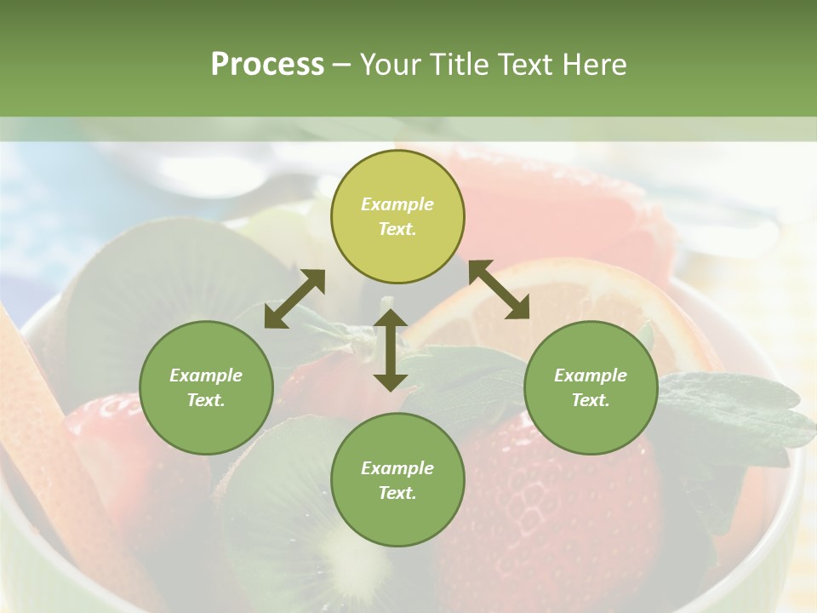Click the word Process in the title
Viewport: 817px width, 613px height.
point(267,65)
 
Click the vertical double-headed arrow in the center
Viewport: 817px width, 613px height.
point(391,350)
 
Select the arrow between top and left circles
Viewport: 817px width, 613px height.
point(294,299)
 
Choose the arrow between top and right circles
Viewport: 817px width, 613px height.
point(499,289)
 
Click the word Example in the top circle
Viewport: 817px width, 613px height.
point(397,204)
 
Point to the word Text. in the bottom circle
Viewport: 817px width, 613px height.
point(397,493)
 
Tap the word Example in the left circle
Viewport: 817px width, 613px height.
point(206,375)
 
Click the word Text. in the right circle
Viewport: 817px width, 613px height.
point(591,400)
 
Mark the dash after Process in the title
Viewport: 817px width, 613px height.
point(342,65)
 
